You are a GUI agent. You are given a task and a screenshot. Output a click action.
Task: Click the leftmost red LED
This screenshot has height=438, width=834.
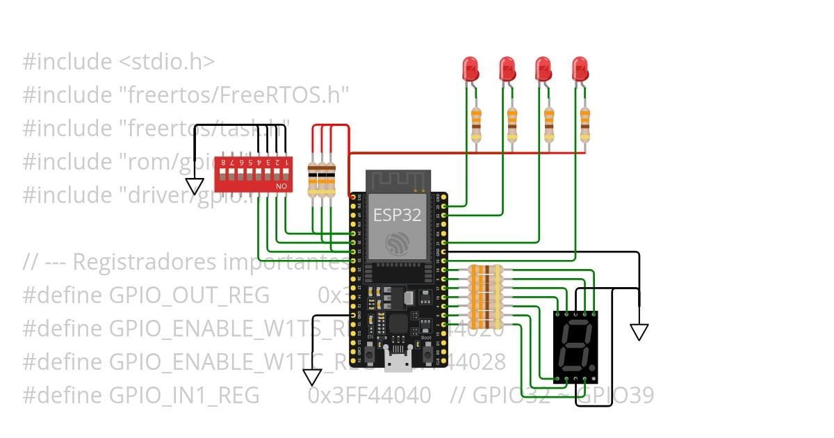pos(471,69)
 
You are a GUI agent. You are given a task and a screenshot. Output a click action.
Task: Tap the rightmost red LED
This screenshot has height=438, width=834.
pos(580,69)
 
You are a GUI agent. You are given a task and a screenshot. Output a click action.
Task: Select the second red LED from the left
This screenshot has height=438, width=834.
pos(507,69)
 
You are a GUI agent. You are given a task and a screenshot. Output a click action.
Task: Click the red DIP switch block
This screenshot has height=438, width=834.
pos(252,175)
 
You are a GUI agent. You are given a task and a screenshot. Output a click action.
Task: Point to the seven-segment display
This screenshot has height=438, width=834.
pos(575,345)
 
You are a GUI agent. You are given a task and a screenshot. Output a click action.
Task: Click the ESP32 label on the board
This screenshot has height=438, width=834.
pos(398,215)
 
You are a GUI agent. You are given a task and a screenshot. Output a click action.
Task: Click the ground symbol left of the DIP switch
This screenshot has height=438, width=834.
pos(195,186)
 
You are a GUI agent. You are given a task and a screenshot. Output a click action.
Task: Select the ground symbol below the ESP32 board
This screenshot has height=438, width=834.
pos(312,378)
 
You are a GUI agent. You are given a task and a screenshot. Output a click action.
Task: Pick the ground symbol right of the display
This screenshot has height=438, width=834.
pos(639,332)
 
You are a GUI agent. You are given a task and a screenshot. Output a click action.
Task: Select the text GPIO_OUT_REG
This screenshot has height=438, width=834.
pos(190,295)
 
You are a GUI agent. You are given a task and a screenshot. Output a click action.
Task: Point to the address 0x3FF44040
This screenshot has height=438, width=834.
pos(369,396)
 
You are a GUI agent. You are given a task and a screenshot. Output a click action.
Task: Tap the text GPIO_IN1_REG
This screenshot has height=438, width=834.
pos(185,396)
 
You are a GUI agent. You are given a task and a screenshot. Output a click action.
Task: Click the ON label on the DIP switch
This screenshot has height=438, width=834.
pos(281,187)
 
